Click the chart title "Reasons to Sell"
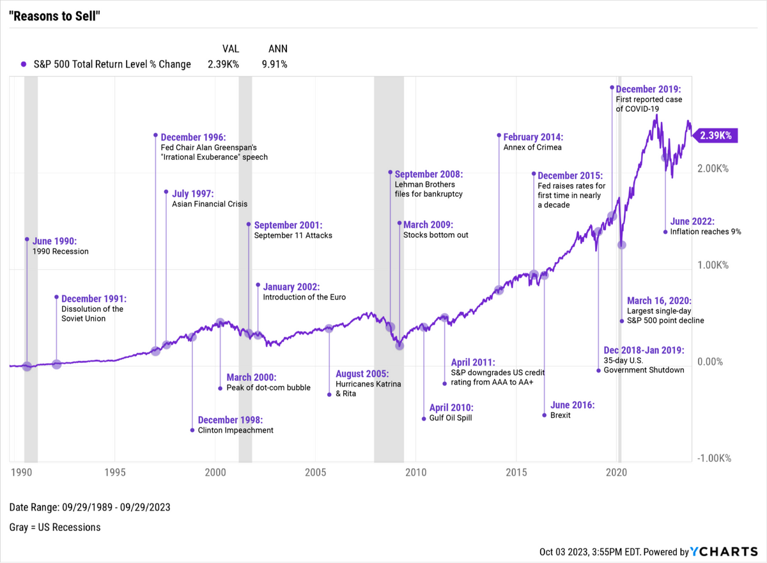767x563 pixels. (55, 15)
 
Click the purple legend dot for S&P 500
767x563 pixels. (23, 64)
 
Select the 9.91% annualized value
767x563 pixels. (274, 64)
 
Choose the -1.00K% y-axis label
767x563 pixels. (714, 458)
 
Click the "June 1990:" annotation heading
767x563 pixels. (54, 241)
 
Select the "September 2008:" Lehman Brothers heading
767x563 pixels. (428, 174)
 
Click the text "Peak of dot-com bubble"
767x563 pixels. (268, 387)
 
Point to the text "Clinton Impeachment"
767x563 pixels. (235, 430)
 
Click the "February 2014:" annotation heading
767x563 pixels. (533, 137)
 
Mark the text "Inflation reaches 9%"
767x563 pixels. (706, 231)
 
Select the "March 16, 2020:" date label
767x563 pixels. (658, 300)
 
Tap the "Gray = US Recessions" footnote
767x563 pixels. (55, 527)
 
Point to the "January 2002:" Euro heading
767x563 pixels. (291, 287)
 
